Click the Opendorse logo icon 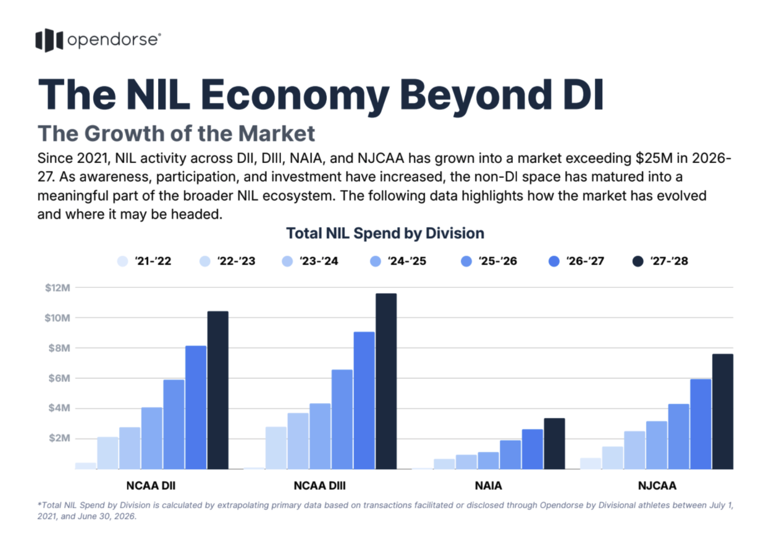click(x=49, y=40)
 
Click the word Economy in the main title click(x=295, y=95)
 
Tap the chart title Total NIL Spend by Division click(x=385, y=233)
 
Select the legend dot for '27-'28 click(x=638, y=261)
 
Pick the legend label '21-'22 click(x=153, y=261)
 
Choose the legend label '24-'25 click(x=407, y=261)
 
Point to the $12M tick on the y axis click(x=57, y=288)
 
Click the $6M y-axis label click(x=59, y=378)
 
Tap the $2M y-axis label click(x=59, y=438)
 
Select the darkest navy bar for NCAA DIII click(x=386, y=381)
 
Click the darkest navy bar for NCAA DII click(x=218, y=390)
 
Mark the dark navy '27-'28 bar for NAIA click(x=554, y=444)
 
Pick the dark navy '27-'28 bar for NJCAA click(x=723, y=412)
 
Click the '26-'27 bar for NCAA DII click(x=196, y=407)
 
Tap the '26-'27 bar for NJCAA click(x=701, y=424)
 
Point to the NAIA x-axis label click(x=488, y=486)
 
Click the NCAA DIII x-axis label click(x=320, y=486)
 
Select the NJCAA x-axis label click(x=657, y=486)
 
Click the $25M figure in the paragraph click(x=654, y=158)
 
